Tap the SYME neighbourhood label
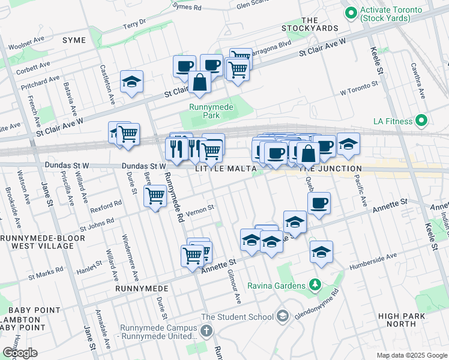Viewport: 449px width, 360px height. point(73,40)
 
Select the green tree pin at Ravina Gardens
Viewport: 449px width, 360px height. point(314,284)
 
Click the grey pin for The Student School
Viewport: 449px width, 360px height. point(282,316)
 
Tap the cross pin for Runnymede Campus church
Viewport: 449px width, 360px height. point(206,331)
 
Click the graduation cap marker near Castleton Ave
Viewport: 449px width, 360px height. point(132,82)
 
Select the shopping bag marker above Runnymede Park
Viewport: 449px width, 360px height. point(199,83)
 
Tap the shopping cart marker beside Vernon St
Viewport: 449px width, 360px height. point(155,195)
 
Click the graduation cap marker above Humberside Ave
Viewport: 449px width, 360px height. point(322,251)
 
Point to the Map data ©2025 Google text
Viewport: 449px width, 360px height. point(411,355)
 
